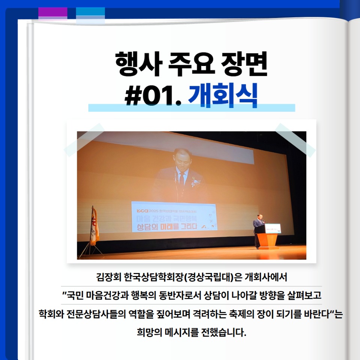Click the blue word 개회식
click(223, 96)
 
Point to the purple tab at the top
click(53, 13)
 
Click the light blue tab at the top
click(90, 13)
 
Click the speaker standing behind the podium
click(258, 229)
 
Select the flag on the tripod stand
click(94, 225)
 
